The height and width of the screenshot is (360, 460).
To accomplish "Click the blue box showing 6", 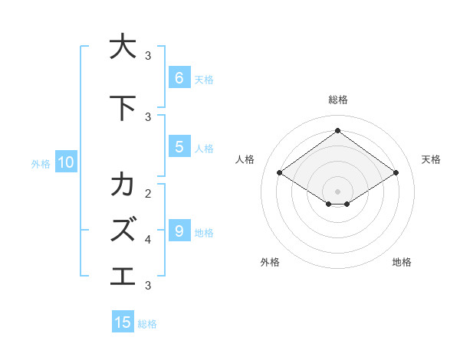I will click(x=179, y=78).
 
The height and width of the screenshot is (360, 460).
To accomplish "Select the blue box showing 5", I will click(x=179, y=147).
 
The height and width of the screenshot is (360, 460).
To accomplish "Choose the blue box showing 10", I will click(x=65, y=162).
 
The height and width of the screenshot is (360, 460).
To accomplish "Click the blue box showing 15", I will click(x=123, y=322).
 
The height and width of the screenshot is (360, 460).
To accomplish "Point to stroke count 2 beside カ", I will click(x=148, y=193).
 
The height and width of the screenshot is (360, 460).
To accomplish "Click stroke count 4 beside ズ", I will click(x=148, y=239).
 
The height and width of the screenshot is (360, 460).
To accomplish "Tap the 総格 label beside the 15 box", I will click(x=147, y=324).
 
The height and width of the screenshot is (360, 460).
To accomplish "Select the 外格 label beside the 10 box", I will click(x=41, y=163).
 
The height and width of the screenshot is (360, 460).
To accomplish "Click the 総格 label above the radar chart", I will click(x=337, y=100).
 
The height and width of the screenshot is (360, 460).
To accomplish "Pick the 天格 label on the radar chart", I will click(x=431, y=159).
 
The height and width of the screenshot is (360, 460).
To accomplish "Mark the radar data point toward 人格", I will click(x=280, y=173).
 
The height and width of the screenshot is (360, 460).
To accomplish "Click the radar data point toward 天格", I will click(x=396, y=173).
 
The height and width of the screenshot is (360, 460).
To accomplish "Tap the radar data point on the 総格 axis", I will click(x=337, y=130).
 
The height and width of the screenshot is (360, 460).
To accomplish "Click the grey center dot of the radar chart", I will click(x=337, y=191).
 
